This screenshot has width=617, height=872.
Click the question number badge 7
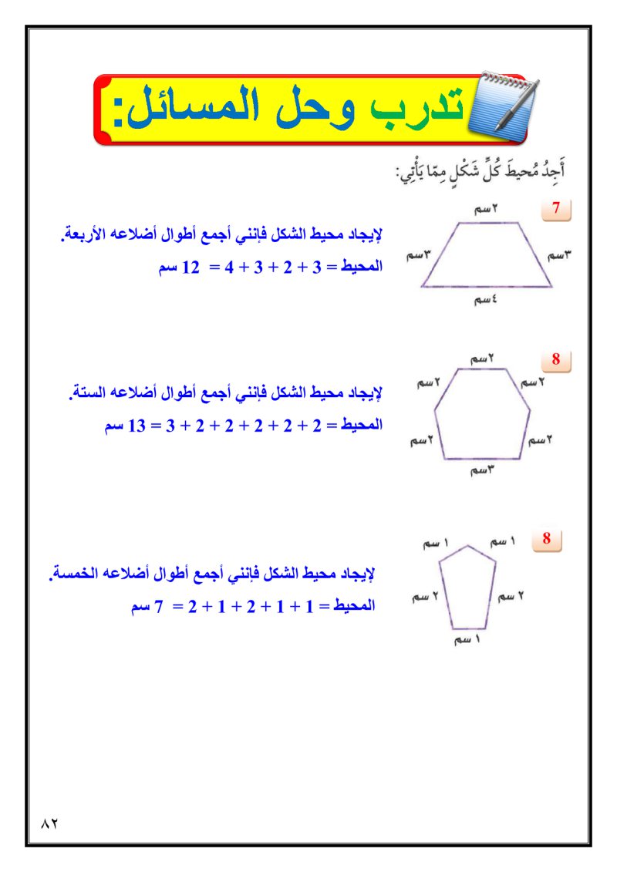tap(556, 208)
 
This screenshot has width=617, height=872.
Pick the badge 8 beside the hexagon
tap(556, 359)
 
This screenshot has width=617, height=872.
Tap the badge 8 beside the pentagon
tap(547, 539)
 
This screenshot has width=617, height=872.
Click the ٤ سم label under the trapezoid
tap(484, 301)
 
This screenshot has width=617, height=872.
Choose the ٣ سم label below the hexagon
tap(482, 470)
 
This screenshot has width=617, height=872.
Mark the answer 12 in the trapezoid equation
tap(189, 268)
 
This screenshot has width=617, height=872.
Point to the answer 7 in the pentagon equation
tap(160, 606)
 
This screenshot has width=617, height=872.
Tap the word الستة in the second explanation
tap(86, 394)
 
